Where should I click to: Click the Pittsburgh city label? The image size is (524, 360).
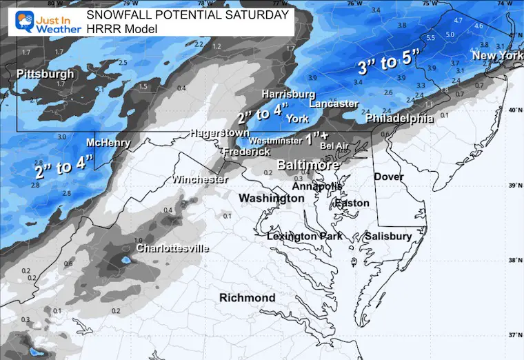click(x=45, y=73)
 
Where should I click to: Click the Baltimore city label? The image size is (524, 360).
click(x=308, y=166)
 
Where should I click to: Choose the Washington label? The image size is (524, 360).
click(x=271, y=198)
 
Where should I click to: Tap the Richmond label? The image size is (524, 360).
click(x=247, y=298)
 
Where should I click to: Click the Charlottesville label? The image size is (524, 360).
click(x=172, y=248)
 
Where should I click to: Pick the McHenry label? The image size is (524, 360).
click(x=108, y=143)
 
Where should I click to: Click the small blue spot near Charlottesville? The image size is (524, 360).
click(x=125, y=261)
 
